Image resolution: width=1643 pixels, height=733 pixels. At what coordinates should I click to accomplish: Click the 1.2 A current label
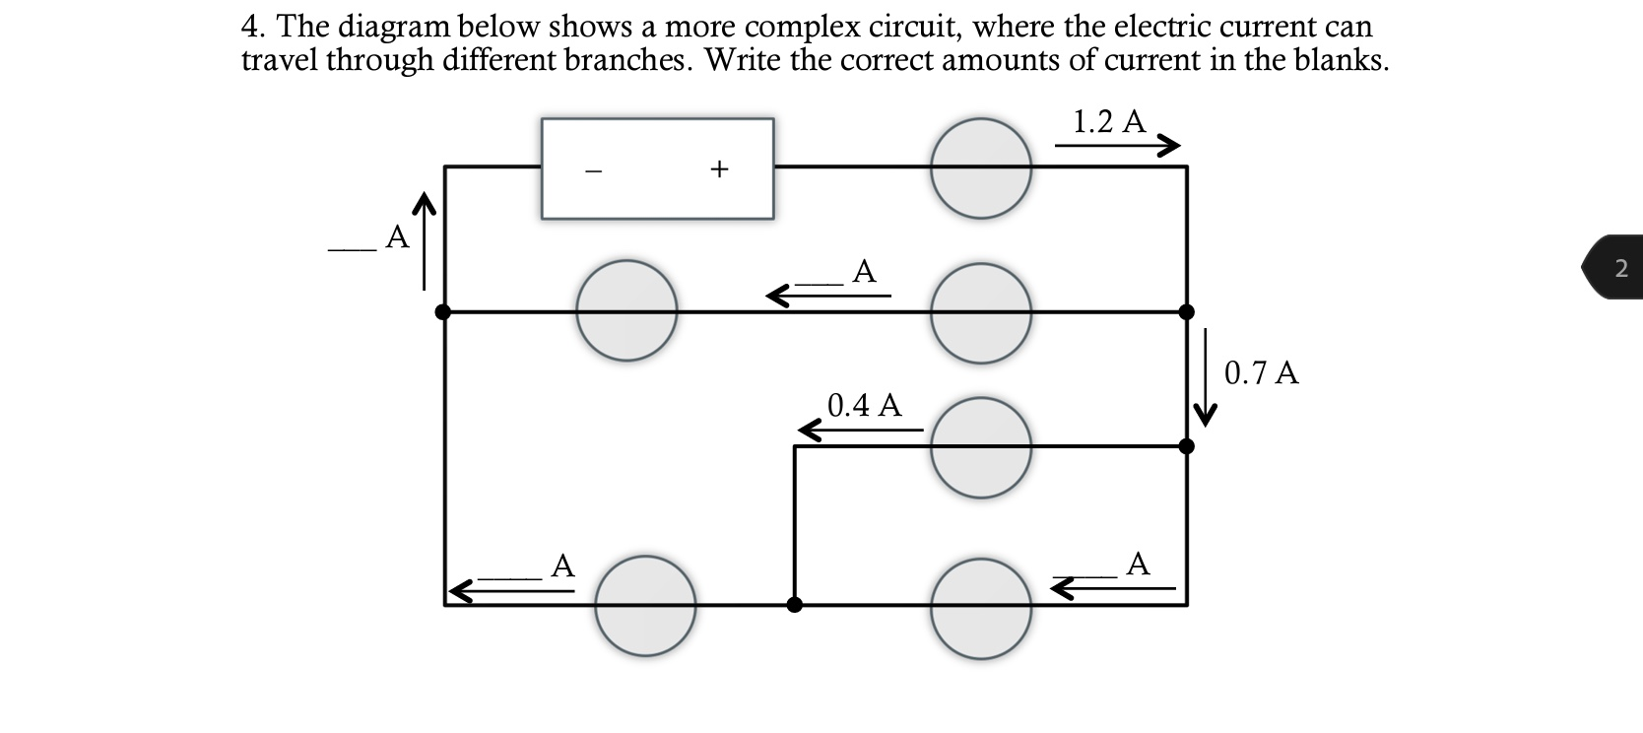click(1109, 121)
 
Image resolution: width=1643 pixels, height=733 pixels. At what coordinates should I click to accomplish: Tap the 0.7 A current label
click(1261, 373)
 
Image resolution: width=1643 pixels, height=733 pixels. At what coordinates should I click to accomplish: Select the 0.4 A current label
click(864, 405)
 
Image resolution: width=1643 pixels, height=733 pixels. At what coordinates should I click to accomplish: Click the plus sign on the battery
click(719, 169)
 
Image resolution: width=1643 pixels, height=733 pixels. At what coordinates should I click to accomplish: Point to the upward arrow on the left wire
click(425, 241)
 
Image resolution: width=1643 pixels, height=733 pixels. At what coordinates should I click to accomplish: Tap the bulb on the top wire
click(982, 167)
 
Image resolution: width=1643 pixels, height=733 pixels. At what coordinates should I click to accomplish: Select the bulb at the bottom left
click(645, 605)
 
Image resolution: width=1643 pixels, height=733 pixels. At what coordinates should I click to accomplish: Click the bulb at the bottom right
click(982, 607)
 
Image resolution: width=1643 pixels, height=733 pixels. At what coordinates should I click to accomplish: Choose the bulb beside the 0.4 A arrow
click(982, 447)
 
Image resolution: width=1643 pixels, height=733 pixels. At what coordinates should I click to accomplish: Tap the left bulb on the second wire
click(626, 310)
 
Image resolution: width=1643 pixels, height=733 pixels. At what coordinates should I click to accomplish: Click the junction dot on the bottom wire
click(794, 604)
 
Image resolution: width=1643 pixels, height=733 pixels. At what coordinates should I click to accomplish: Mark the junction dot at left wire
click(443, 312)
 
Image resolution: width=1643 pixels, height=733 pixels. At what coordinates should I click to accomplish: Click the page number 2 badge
click(1619, 267)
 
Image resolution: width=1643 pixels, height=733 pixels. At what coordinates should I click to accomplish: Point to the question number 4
click(251, 27)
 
